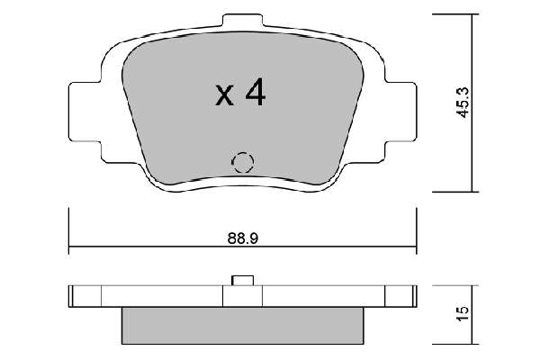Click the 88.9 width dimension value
point(242,238)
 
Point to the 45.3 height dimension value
point(463,103)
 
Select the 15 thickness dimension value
point(463,313)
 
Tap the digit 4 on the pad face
point(256,92)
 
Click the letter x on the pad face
point(224,95)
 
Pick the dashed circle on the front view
point(243,162)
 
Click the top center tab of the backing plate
point(242,20)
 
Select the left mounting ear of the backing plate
point(85,112)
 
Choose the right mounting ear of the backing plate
point(400,112)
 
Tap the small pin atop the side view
point(242,281)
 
